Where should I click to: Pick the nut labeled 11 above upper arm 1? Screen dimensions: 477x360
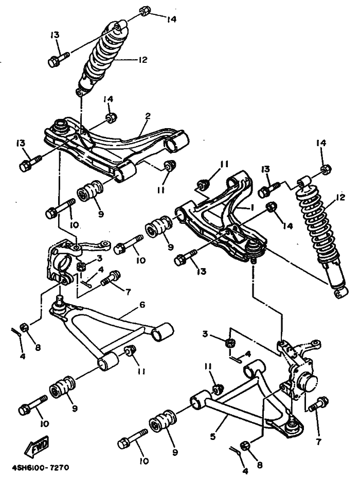[x=204, y=182]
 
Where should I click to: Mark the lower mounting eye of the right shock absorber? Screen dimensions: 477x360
[x=338, y=293]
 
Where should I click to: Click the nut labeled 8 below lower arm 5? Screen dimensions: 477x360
[x=245, y=446]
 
